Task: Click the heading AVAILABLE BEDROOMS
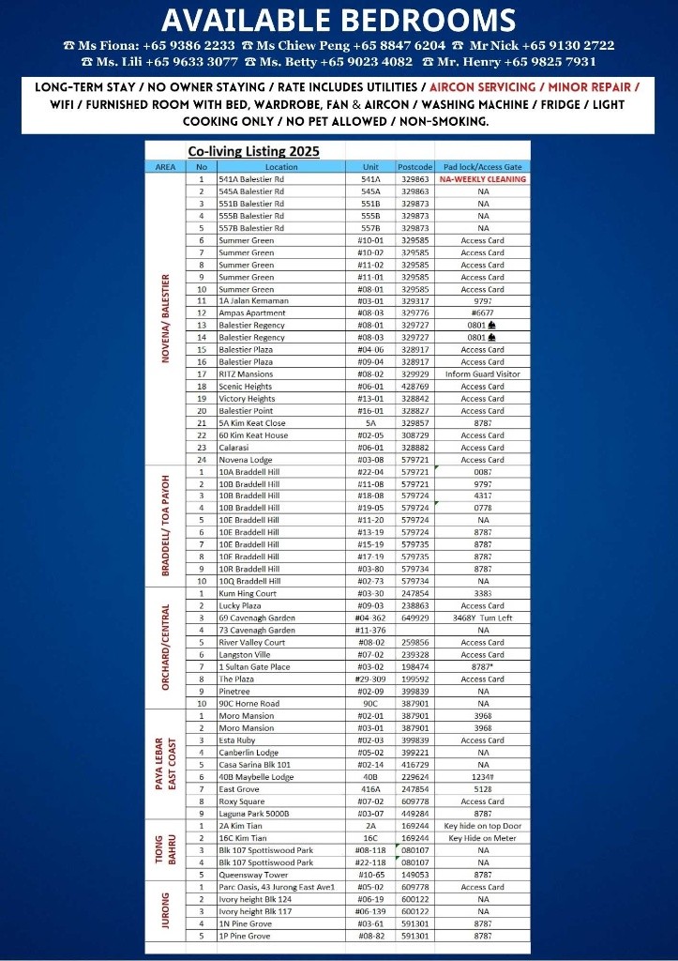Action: pyautogui.click(x=339, y=20)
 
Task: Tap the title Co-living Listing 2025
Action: pyautogui.click(x=253, y=151)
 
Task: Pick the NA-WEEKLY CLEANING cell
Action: pyautogui.click(x=482, y=178)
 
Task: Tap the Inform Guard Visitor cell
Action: pyautogui.click(x=482, y=374)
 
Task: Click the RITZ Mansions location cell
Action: pyautogui.click(x=246, y=374)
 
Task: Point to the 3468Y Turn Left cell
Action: pyautogui.click(x=482, y=618)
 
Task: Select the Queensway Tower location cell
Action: pyautogui.click(x=253, y=875)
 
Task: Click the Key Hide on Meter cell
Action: pyautogui.click(x=482, y=838)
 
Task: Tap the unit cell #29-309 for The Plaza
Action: pyautogui.click(x=370, y=679)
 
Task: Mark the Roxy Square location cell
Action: pyautogui.click(x=242, y=801)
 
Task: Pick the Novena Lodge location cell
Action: pyautogui.click(x=246, y=460)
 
